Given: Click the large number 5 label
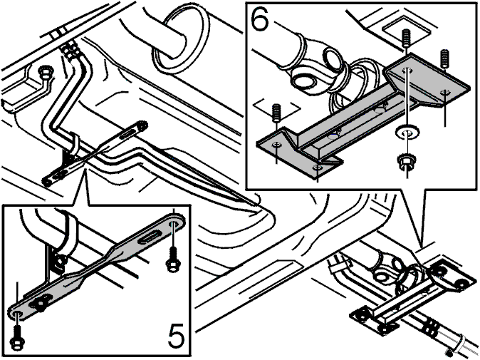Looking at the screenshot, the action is (176, 335).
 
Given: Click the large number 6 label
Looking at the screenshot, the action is (260, 19).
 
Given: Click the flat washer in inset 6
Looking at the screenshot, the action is (407, 133).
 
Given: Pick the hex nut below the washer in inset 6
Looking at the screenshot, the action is (406, 160).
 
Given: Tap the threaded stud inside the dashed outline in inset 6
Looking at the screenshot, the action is (276, 113).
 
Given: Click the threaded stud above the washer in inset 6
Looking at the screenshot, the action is (406, 38).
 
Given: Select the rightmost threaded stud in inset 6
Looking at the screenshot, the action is (444, 59).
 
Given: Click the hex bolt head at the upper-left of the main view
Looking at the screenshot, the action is (45, 72).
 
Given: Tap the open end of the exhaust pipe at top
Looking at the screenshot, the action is (181, 36).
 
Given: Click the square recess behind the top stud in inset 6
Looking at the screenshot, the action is (405, 30).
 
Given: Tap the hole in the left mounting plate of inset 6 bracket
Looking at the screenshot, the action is (277, 144).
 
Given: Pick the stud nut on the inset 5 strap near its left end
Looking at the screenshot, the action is (40, 303).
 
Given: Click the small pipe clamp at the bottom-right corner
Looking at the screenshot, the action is (458, 346).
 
